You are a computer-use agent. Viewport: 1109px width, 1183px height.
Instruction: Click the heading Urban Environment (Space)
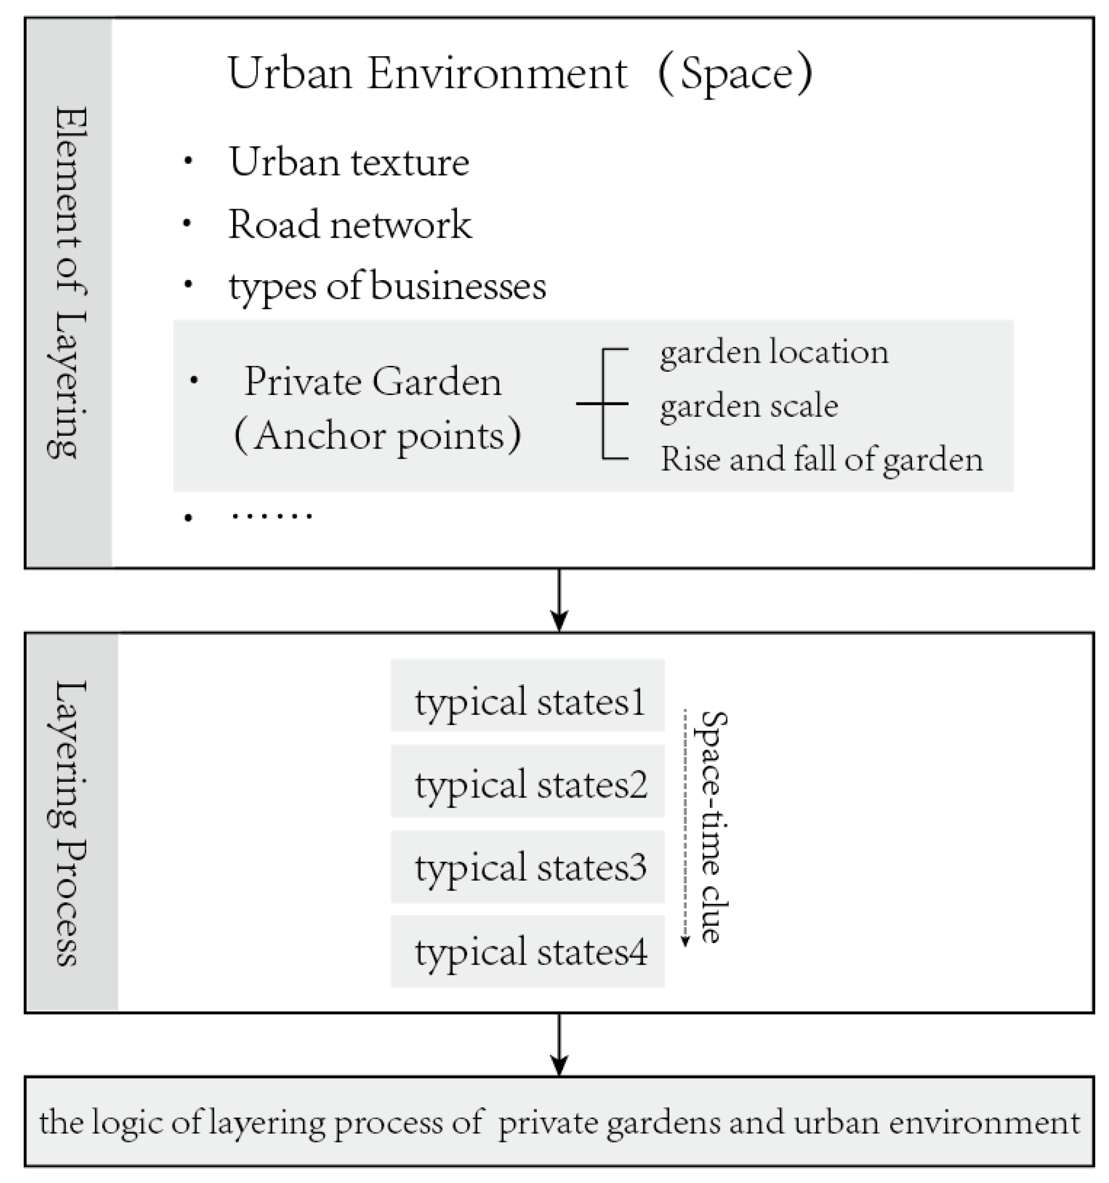(x=519, y=74)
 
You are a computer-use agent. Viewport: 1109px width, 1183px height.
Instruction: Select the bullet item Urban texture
(x=350, y=162)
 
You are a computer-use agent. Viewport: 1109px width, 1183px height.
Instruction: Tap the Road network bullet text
(x=350, y=225)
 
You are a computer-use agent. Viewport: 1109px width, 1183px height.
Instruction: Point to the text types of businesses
(x=388, y=287)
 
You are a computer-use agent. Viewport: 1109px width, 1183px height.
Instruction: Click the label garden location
(x=774, y=352)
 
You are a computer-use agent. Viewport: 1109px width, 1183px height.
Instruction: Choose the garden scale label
(x=749, y=407)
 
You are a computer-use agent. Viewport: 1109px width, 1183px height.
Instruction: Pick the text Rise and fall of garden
(x=821, y=460)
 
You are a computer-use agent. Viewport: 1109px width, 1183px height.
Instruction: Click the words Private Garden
(x=373, y=381)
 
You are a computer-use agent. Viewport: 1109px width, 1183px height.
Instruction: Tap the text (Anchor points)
(x=378, y=436)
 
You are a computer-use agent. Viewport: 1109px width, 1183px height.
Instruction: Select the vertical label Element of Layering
(x=68, y=283)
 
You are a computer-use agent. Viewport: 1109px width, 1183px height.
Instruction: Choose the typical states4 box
(x=527, y=952)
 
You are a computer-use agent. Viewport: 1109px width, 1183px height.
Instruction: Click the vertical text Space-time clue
(x=711, y=827)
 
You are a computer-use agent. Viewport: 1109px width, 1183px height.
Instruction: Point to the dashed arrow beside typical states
(x=685, y=827)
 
